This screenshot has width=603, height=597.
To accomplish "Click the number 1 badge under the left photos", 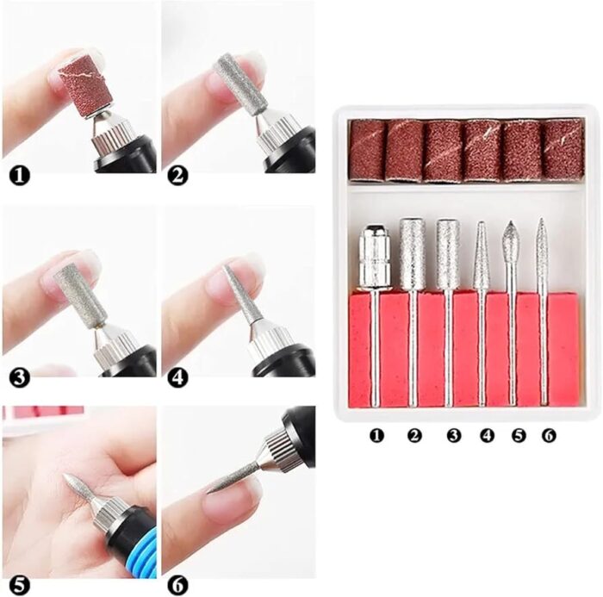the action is pyautogui.click(x=19, y=177).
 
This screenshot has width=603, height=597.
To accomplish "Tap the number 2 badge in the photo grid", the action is pyautogui.click(x=177, y=177).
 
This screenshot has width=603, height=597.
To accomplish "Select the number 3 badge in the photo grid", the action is pyautogui.click(x=19, y=377).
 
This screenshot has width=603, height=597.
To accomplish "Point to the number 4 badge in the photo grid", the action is pyautogui.click(x=177, y=377).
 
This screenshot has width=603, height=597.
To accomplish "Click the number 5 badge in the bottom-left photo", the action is pyautogui.click(x=19, y=585).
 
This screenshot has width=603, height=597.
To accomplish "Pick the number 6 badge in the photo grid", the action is pyautogui.click(x=177, y=585).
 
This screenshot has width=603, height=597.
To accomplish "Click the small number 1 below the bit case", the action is pyautogui.click(x=376, y=435).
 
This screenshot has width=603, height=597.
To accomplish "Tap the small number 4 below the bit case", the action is pyautogui.click(x=487, y=435).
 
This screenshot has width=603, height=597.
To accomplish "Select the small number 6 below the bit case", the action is pyautogui.click(x=549, y=435).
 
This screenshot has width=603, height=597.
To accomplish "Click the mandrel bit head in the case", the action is pyautogui.click(x=375, y=257).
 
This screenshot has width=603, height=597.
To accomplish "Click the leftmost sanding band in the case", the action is pyautogui.click(x=367, y=150).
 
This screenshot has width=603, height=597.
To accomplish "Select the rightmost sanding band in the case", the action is pyautogui.click(x=563, y=150).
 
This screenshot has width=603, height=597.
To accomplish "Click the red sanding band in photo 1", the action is pyautogui.click(x=86, y=83).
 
